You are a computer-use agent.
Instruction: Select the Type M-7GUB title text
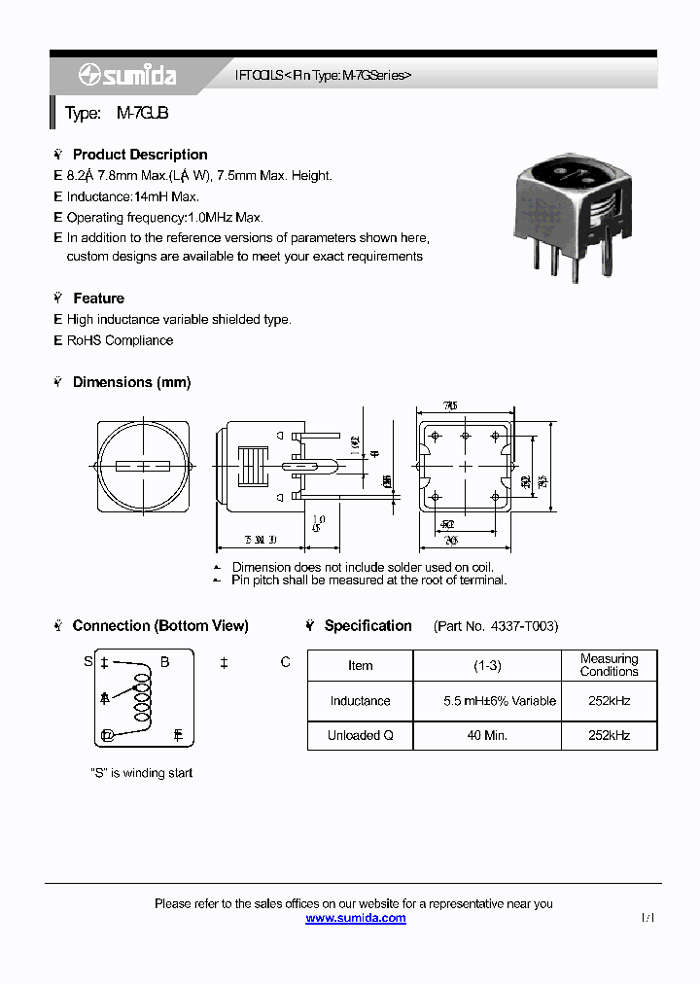click(x=117, y=114)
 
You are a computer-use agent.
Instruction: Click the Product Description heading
click(x=139, y=155)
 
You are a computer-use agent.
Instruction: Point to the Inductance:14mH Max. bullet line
click(x=132, y=196)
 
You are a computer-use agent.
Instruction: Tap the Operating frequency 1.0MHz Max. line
click(x=164, y=218)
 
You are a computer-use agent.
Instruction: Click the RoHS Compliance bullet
click(x=120, y=340)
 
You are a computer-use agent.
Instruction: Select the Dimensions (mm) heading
click(x=131, y=382)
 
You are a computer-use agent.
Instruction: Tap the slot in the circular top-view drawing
click(x=145, y=466)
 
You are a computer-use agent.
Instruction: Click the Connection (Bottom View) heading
click(x=159, y=626)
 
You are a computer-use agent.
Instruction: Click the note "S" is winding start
click(x=141, y=773)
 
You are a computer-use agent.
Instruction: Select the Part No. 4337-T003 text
click(x=496, y=626)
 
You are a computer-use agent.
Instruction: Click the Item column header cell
click(x=360, y=666)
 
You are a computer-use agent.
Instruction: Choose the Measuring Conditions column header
click(x=609, y=665)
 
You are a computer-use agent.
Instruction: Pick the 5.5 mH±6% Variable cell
click(x=486, y=701)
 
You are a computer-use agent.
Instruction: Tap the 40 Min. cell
click(x=486, y=735)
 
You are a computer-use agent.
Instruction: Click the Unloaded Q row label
click(x=360, y=735)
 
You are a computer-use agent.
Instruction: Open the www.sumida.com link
click(x=356, y=918)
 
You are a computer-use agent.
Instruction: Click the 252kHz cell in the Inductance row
click(x=609, y=701)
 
